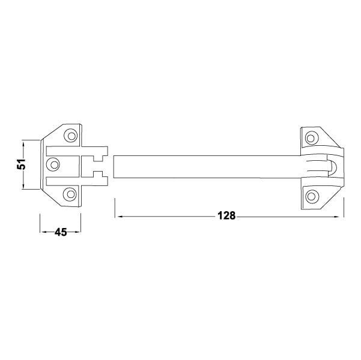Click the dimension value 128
tap(226, 216)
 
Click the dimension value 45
tap(61, 232)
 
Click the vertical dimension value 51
tap(21, 164)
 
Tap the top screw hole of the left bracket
tap(71, 136)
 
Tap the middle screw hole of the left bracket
tap(53, 164)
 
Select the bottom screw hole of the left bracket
tap(70, 194)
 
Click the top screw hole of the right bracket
tap(311, 138)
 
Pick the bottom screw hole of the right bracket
tap(311, 196)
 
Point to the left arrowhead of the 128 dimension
tap(120, 217)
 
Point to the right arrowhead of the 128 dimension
tap(337, 217)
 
